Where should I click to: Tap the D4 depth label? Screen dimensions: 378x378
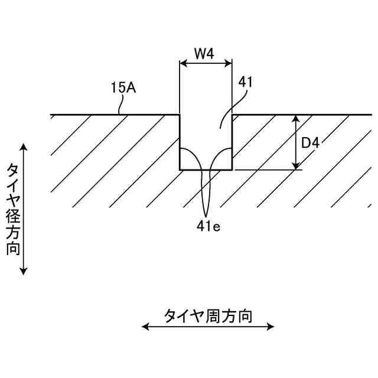[x=310, y=143]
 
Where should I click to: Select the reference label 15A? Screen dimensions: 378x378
[x=123, y=87]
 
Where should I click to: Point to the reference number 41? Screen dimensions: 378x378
[x=245, y=83]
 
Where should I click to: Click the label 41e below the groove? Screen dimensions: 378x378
[x=208, y=224]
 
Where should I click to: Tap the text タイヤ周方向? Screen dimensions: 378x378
[x=208, y=316]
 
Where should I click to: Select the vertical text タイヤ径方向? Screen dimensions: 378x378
[x=13, y=208]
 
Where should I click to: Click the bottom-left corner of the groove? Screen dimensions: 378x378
[x=180, y=170]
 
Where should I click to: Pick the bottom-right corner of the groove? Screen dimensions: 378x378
[x=232, y=170]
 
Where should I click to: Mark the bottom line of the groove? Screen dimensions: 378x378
[x=206, y=170]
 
